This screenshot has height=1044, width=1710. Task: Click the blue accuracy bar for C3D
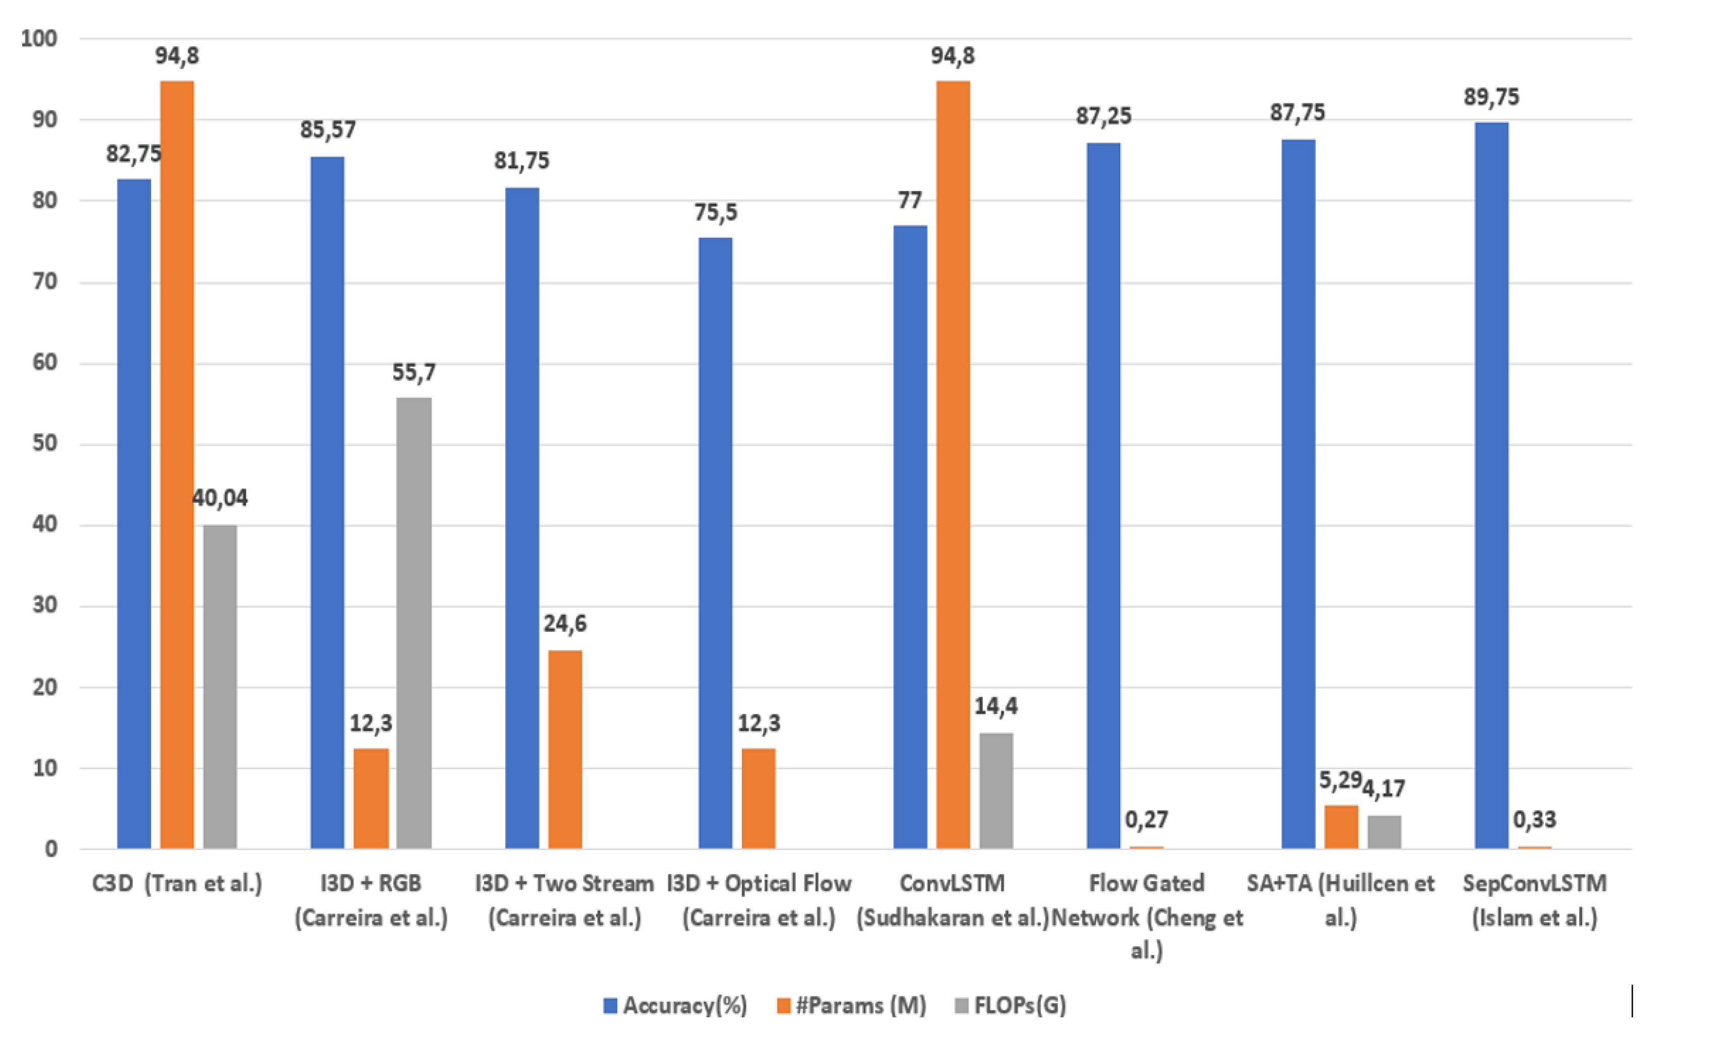pos(134,513)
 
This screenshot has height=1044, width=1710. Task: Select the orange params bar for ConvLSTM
pos(953,465)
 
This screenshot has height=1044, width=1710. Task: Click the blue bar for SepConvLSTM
pos(1491,486)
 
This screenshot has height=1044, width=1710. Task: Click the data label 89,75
pos(1491,97)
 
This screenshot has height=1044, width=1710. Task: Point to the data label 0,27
pos(1146,820)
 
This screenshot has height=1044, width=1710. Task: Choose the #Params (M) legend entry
pos(852,1005)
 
